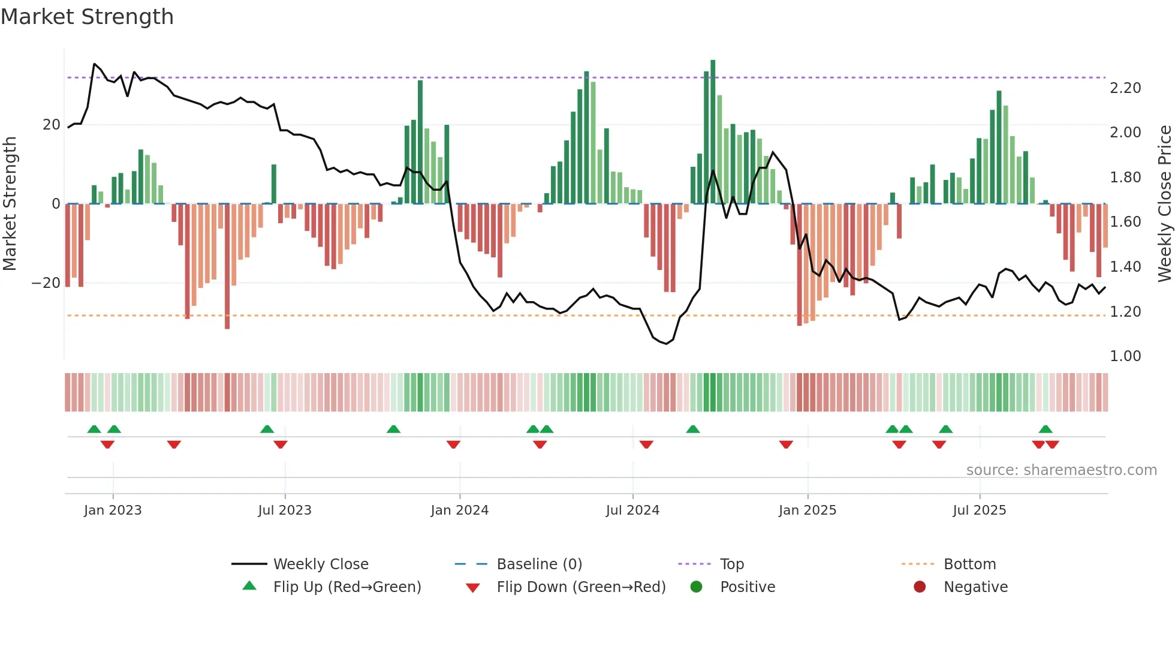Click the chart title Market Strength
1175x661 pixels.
click(87, 17)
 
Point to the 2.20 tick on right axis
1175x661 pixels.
click(1125, 88)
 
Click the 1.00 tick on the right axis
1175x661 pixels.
click(1125, 356)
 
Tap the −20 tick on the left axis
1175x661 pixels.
click(46, 283)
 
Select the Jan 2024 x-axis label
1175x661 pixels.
click(459, 510)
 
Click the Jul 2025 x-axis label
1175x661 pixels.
click(979, 510)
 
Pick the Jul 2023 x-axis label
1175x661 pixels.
click(285, 510)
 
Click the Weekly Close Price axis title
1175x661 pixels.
click(1164, 204)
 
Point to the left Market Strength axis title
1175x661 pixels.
click(10, 204)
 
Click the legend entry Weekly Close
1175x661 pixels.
click(321, 564)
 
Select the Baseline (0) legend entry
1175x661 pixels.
click(539, 564)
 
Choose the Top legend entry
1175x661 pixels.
click(731, 564)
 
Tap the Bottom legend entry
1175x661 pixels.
click(969, 564)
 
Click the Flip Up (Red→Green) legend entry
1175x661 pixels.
click(347, 587)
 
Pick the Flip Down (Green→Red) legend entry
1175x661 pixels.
click(581, 587)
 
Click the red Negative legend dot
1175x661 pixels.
click(920, 587)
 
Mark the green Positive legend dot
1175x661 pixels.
click(696, 587)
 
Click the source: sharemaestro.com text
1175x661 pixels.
click(1061, 470)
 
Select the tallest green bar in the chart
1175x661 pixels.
click(713, 132)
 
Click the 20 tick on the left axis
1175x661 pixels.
click(52, 125)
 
